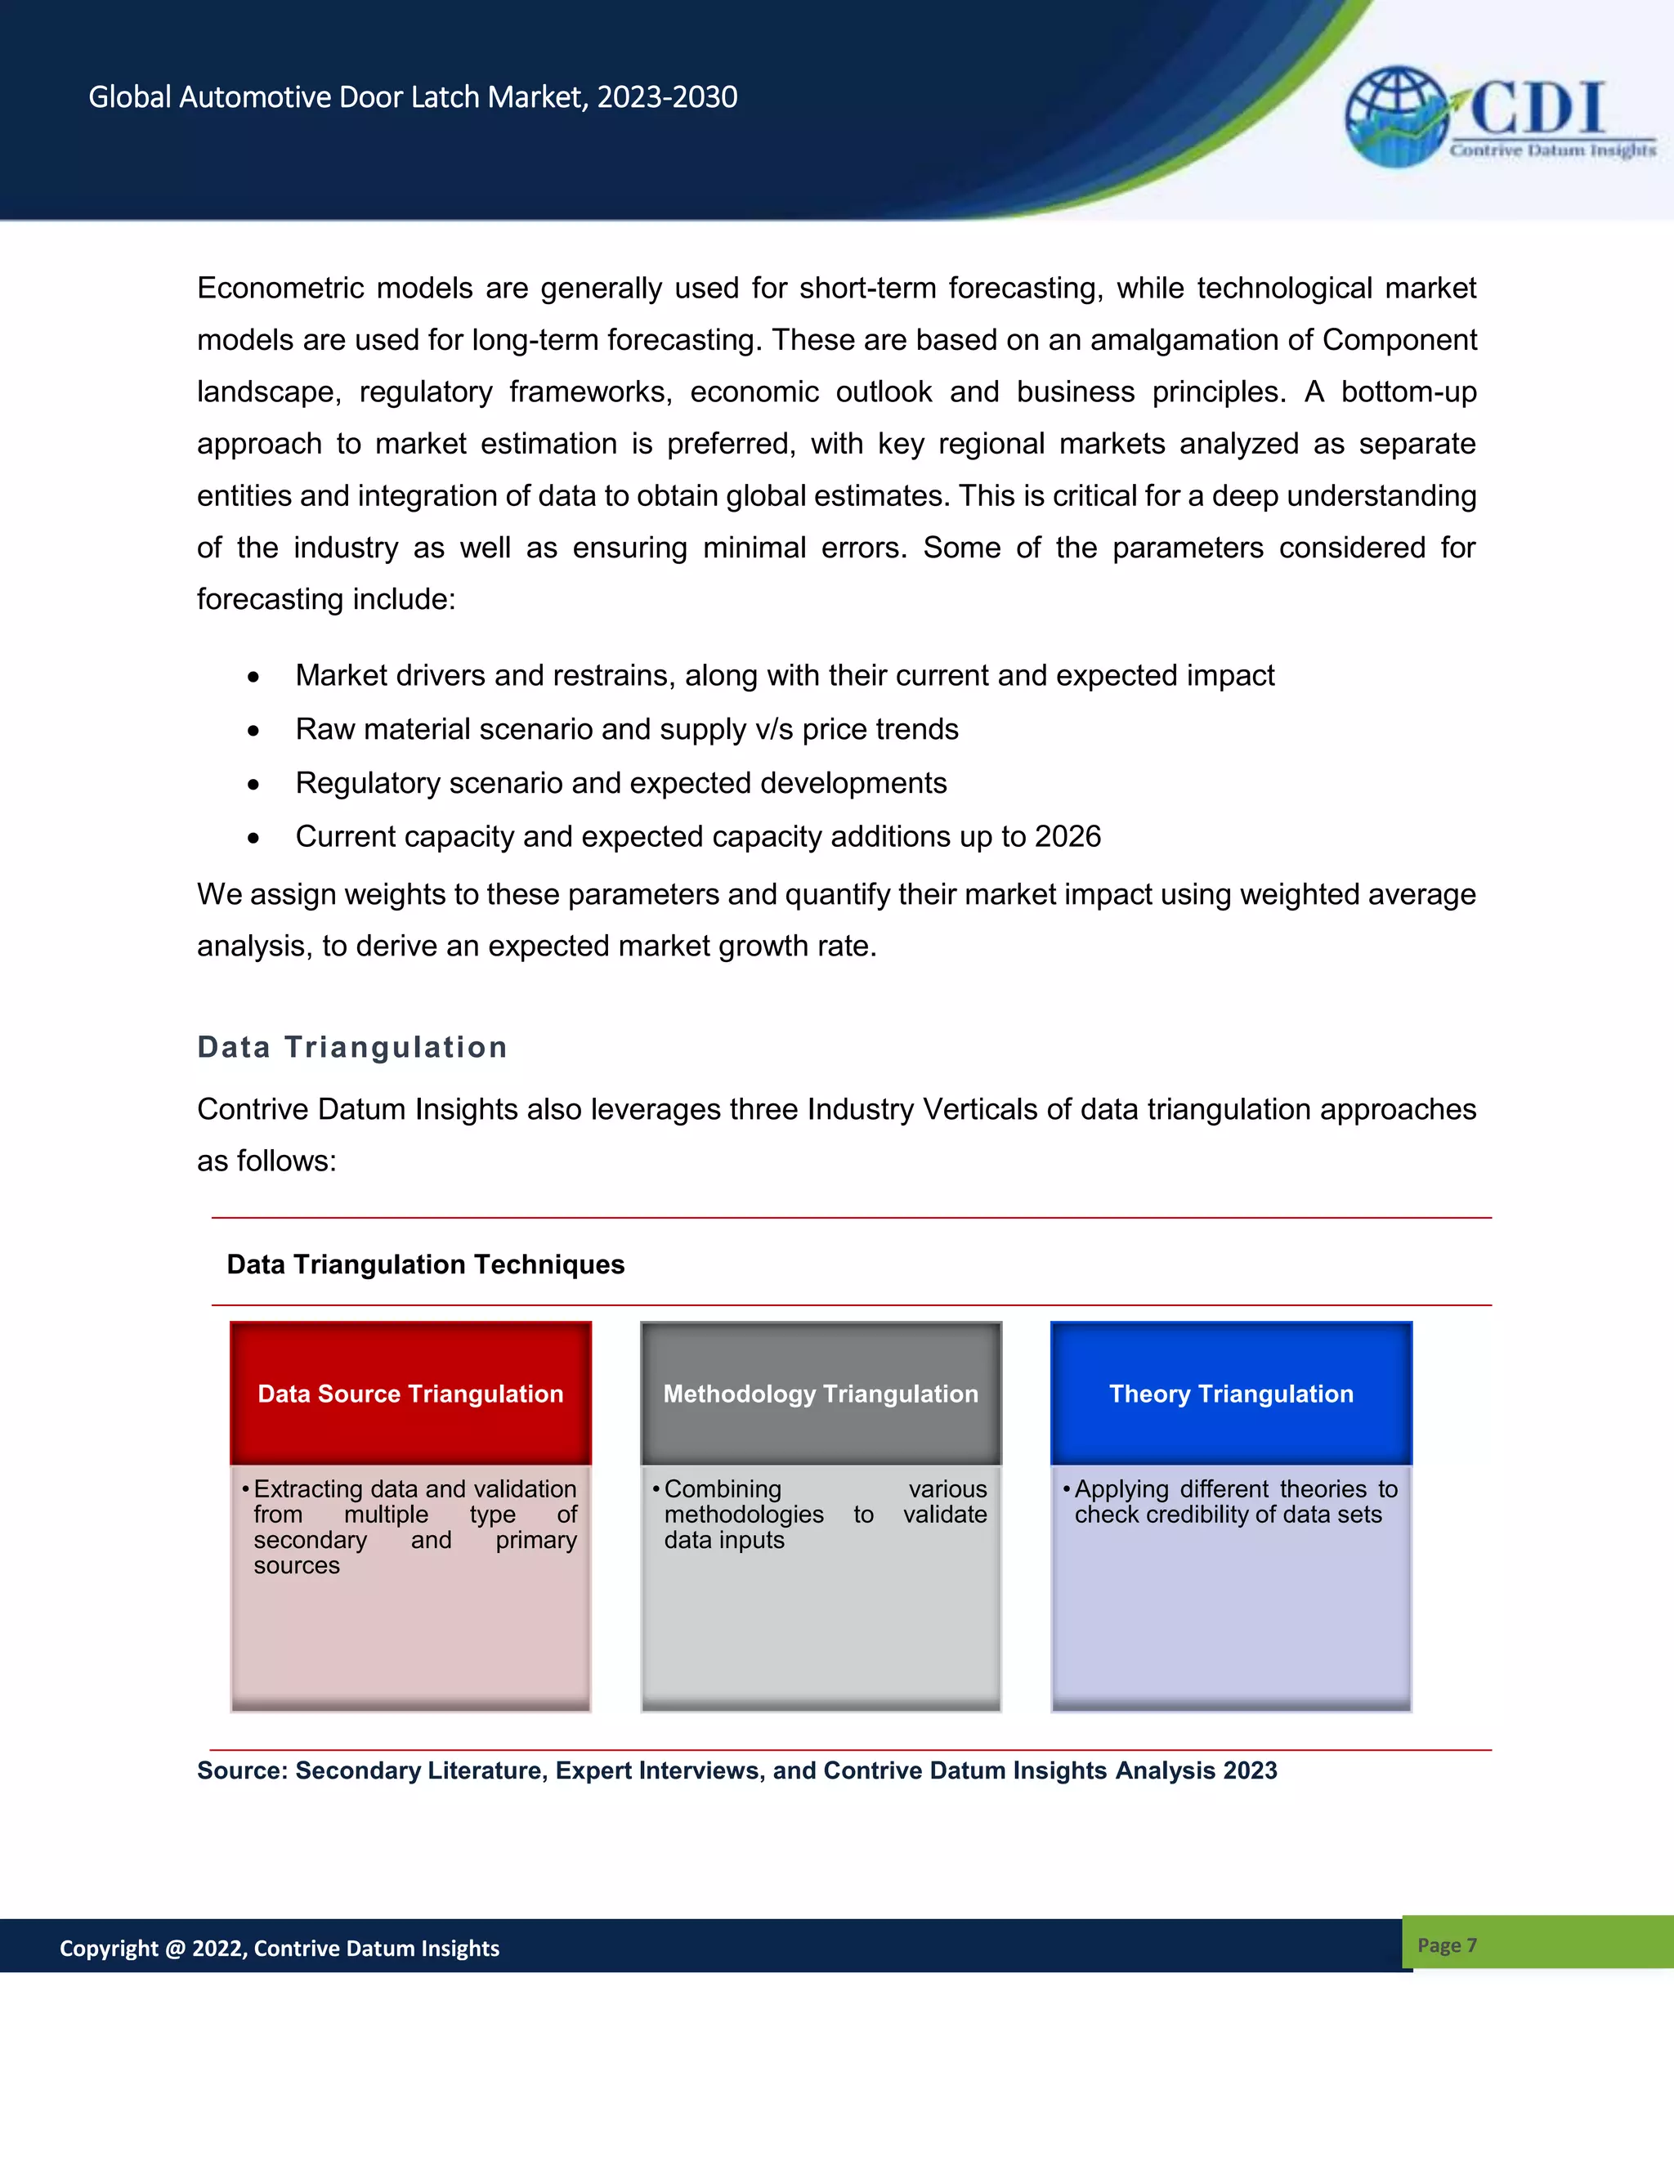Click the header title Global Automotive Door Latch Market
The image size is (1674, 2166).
pyautogui.click(x=413, y=97)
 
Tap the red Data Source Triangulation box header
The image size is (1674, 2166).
pyautogui.click(x=410, y=1394)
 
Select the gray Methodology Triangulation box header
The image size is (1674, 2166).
pyautogui.click(x=820, y=1394)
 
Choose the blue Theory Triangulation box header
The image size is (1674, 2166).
pyautogui.click(x=1231, y=1394)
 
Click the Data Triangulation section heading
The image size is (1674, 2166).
pyautogui.click(x=352, y=1047)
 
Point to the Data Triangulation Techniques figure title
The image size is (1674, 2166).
pyautogui.click(x=425, y=1264)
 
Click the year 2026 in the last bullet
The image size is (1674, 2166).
pyautogui.click(x=1067, y=836)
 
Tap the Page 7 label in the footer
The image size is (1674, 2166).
pyautogui.click(x=1447, y=1944)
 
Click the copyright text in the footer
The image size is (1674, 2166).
pyautogui.click(x=280, y=1948)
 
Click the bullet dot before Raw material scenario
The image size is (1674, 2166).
pyautogui.click(x=254, y=731)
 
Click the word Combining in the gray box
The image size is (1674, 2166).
pyautogui.click(x=723, y=1489)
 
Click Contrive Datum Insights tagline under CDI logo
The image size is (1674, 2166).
pyautogui.click(x=1552, y=150)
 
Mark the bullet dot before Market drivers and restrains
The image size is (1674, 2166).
pyautogui.click(x=254, y=678)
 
